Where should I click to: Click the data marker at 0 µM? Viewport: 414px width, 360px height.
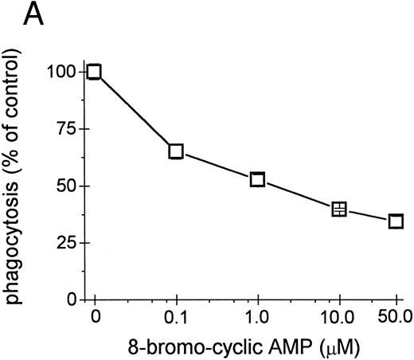pos(95,72)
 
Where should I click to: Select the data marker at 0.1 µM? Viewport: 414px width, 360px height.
pos(176,151)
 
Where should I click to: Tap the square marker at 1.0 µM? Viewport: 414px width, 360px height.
pos(257,180)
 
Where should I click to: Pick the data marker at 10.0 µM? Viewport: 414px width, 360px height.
pos(339,209)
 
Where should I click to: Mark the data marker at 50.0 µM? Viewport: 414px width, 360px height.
pos(395,221)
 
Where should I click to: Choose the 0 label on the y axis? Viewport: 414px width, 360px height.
pos(72,300)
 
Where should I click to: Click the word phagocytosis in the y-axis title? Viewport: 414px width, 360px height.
pos(19,243)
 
